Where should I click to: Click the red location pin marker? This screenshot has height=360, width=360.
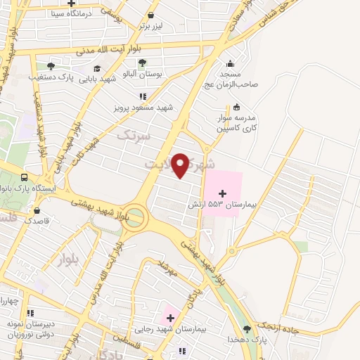(181, 165)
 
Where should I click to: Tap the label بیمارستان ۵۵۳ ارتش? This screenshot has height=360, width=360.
(219, 204)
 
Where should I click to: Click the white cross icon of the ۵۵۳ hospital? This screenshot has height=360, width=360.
(223, 193)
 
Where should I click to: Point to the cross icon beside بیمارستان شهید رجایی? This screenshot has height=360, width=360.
(169, 317)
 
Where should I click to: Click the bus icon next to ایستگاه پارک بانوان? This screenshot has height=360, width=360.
(25, 178)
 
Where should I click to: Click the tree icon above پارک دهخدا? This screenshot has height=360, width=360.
(245, 328)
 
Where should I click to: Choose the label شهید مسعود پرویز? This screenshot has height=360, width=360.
(143, 108)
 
